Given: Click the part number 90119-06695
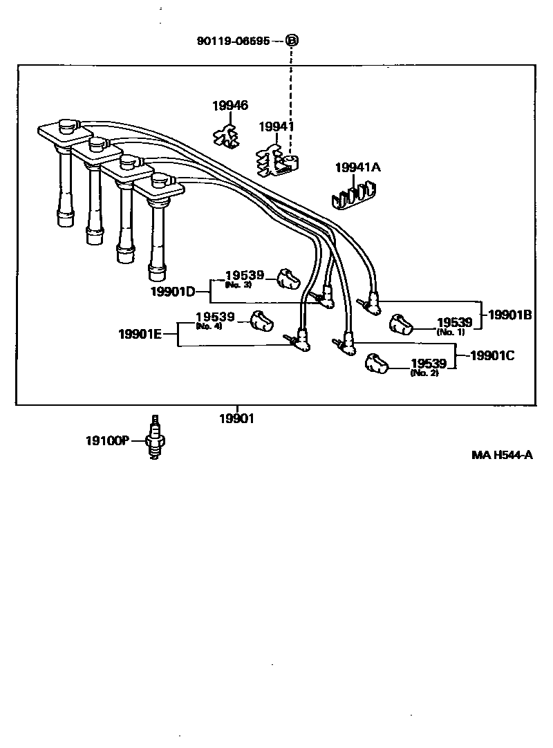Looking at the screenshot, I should click(x=234, y=41).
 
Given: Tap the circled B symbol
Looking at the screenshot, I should click(x=292, y=41).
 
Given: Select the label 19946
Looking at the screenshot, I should click(x=230, y=106).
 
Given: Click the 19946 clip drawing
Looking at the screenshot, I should click(x=226, y=136).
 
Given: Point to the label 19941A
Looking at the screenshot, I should click(x=358, y=168).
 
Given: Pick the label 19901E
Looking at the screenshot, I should click(x=140, y=334).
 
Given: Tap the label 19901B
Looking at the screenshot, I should click(x=510, y=315).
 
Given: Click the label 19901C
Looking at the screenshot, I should click(x=491, y=356).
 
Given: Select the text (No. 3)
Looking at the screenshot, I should click(x=237, y=285).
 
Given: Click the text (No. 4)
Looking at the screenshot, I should click(x=209, y=326).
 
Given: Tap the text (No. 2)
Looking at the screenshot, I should click(x=424, y=373).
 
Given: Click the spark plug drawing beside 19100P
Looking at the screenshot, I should click(x=156, y=438).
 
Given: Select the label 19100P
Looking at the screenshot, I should click(x=107, y=440).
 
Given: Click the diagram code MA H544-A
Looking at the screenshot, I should click(x=503, y=455).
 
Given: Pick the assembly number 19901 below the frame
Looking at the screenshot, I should click(x=237, y=418).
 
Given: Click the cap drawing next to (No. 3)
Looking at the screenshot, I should click(x=288, y=279).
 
